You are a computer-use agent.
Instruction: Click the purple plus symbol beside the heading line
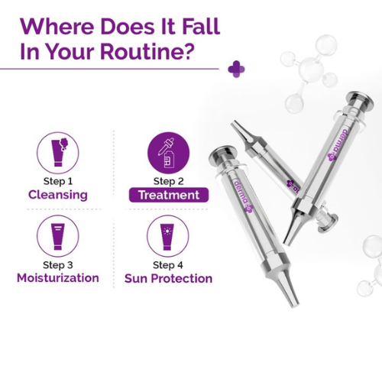[236, 69]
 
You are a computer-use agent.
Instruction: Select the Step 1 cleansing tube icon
[58, 153]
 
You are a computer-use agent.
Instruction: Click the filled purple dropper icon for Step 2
[169, 153]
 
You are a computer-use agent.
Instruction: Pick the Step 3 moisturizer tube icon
[58, 236]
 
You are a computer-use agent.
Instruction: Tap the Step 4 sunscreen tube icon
[168, 236]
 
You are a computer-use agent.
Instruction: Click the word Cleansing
[58, 195]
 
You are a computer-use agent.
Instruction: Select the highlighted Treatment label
[169, 195]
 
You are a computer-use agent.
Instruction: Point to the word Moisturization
[58, 278]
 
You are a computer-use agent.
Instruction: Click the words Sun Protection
[168, 278]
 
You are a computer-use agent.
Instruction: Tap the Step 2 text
[169, 181]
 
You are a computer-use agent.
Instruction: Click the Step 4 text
[168, 265]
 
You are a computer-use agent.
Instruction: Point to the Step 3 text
[58, 265]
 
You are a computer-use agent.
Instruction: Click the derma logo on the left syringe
[243, 196]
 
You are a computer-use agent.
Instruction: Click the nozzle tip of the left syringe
[296, 303]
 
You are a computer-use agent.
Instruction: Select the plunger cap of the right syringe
[361, 99]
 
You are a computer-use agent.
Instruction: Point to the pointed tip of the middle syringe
[232, 124]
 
